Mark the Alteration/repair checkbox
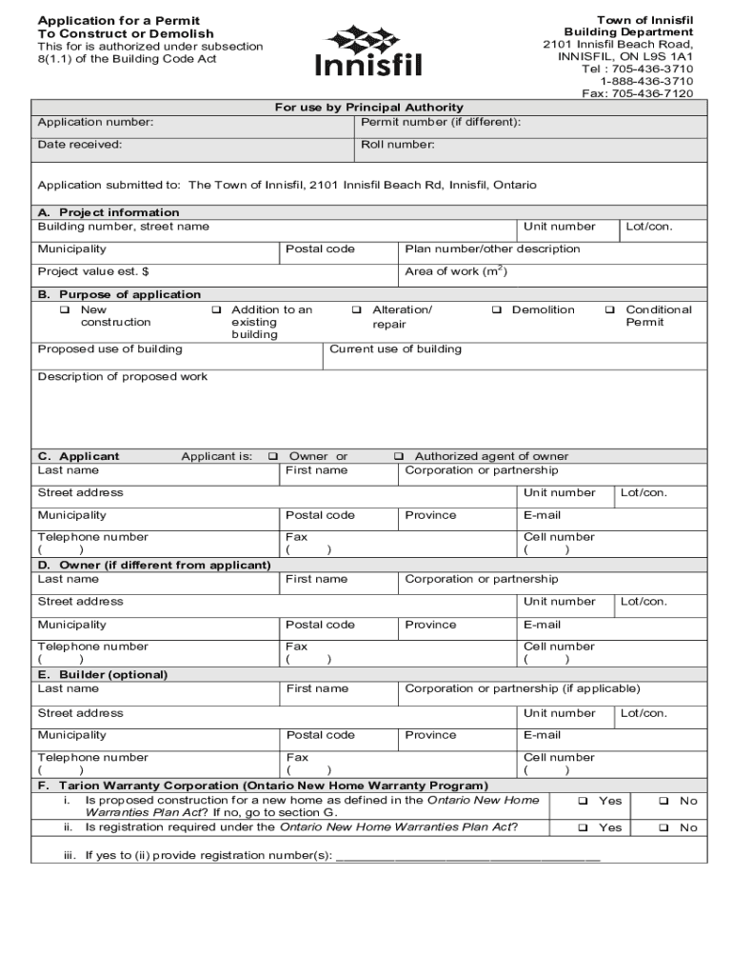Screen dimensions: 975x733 pos(357,310)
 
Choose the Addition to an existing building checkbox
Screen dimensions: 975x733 pos(216,310)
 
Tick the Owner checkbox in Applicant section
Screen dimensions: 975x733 pos(274,457)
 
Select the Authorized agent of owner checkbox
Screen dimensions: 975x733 pos(399,457)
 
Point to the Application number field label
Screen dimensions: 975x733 pos(95,123)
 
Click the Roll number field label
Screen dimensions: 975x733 pos(397,145)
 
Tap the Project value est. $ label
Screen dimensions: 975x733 pos(92,272)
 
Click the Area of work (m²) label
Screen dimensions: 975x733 pos(455,272)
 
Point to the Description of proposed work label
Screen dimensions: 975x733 pos(122,377)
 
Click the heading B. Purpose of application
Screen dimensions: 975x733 pos(119,294)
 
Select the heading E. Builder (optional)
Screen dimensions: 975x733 pos(102,674)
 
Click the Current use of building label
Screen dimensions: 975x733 pos(395,349)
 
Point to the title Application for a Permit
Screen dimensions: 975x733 pos(118,21)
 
